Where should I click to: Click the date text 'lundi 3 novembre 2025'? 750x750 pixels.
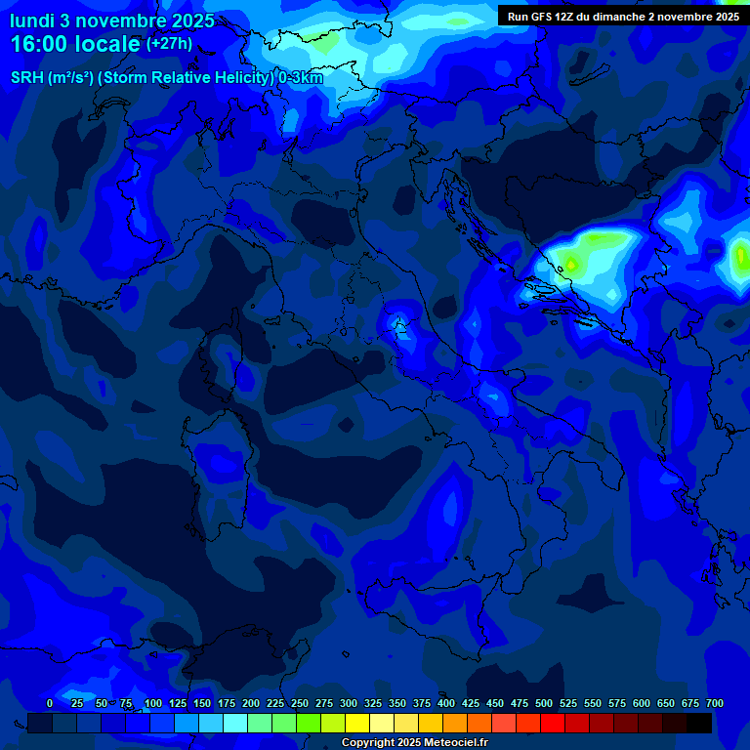tap(111, 21)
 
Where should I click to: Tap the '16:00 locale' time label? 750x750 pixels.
tap(75, 44)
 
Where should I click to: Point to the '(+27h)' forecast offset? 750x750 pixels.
tap(169, 44)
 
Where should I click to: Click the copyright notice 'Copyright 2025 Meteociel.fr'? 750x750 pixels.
tap(413, 743)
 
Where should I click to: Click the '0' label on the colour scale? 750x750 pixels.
tap(50, 703)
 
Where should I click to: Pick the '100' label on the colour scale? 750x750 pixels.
tap(152, 703)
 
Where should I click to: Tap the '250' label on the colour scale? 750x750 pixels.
tap(300, 703)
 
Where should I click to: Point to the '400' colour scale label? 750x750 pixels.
tap(446, 703)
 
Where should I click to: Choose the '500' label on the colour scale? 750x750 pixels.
tap(544, 703)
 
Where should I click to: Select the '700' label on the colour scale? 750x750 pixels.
tap(715, 703)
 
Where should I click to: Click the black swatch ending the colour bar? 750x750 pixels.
tap(699, 724)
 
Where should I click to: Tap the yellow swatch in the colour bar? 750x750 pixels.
tap(357, 724)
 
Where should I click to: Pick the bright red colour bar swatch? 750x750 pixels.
tap(553, 724)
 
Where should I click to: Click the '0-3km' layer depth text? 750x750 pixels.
tap(300, 78)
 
